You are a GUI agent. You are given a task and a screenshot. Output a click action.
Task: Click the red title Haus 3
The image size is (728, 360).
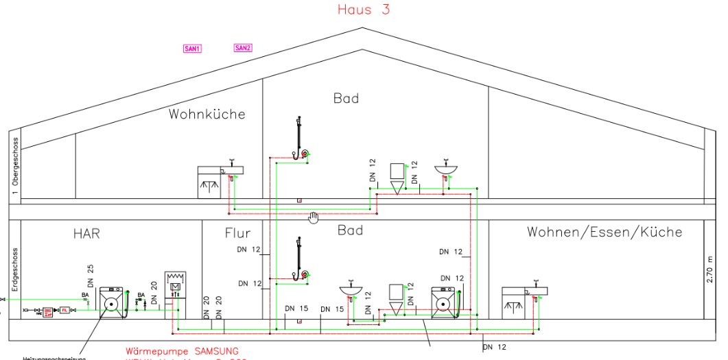(x=364, y=10)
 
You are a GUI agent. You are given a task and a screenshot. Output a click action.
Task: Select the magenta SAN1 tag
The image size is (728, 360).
(x=192, y=49)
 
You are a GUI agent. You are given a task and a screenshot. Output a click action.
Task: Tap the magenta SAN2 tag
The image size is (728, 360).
(x=243, y=48)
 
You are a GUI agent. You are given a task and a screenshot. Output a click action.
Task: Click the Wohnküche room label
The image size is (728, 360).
(x=207, y=114)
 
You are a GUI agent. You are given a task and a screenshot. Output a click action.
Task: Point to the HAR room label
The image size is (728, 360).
(x=86, y=234)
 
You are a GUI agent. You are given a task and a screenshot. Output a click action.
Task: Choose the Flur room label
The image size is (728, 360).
(x=237, y=233)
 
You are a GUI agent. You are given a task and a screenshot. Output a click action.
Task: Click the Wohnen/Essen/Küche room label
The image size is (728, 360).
(x=604, y=232)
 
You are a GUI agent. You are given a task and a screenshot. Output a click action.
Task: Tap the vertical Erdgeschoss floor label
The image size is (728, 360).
(x=14, y=272)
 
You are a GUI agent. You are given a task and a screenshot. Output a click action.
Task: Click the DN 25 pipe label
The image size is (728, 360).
(x=90, y=275)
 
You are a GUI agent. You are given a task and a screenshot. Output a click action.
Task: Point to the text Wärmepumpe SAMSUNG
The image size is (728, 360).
(x=183, y=351)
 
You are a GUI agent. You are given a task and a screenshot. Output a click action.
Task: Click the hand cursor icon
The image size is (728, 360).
(x=314, y=217)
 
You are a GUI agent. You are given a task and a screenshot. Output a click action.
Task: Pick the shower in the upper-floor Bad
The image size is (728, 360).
(x=300, y=138)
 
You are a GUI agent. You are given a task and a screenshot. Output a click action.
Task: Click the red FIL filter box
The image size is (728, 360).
(x=65, y=311)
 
